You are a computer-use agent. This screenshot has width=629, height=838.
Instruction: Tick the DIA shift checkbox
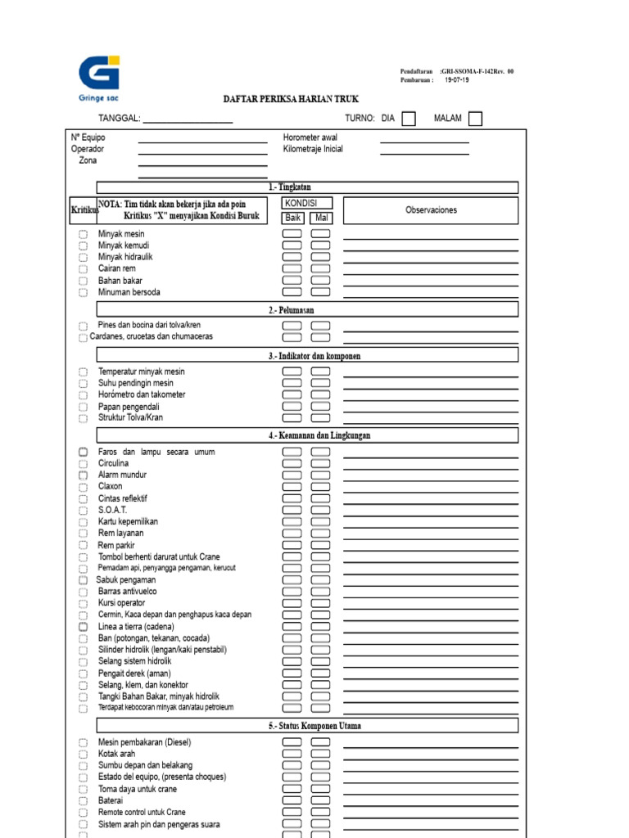(409, 119)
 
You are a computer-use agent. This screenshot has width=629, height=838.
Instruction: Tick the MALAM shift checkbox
(475, 119)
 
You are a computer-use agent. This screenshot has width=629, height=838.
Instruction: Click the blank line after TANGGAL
(188, 120)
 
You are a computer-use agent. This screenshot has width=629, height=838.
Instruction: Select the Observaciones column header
(431, 210)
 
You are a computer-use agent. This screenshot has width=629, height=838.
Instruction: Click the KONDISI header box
(307, 203)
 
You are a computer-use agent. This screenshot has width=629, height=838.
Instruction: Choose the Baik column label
(293, 218)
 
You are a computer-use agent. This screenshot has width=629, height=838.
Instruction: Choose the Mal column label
(321, 218)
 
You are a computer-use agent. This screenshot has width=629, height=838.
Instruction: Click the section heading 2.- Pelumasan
(292, 310)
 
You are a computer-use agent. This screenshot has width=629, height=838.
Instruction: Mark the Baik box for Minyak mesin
(292, 234)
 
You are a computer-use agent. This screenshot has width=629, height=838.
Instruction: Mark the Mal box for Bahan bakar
(321, 281)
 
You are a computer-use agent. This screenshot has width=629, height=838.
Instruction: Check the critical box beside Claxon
(83, 487)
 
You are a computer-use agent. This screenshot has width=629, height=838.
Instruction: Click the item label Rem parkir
(116, 545)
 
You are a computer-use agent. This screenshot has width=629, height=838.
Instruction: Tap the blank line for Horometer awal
(424, 141)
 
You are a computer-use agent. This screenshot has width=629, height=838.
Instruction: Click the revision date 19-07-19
(457, 80)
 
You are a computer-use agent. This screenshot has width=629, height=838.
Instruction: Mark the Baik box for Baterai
(292, 801)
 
